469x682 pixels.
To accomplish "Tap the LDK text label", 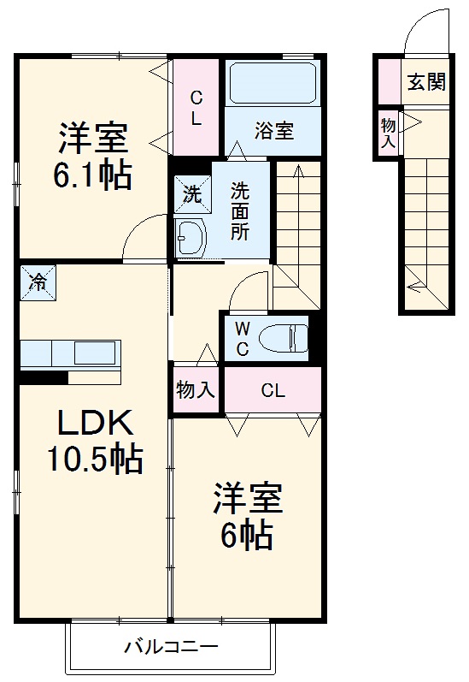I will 94,423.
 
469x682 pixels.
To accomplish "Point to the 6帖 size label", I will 249,536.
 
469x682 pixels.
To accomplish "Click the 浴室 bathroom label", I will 274,131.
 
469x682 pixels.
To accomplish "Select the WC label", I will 242,338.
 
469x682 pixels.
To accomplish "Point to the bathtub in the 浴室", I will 273,83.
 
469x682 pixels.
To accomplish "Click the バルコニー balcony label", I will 170,646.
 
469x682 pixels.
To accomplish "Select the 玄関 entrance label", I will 425,82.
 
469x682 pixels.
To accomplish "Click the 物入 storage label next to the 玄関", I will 388,133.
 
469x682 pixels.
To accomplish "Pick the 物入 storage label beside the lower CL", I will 196,391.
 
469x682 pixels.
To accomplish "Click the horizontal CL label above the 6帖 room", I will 273,391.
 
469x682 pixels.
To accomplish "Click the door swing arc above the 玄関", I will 425,34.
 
